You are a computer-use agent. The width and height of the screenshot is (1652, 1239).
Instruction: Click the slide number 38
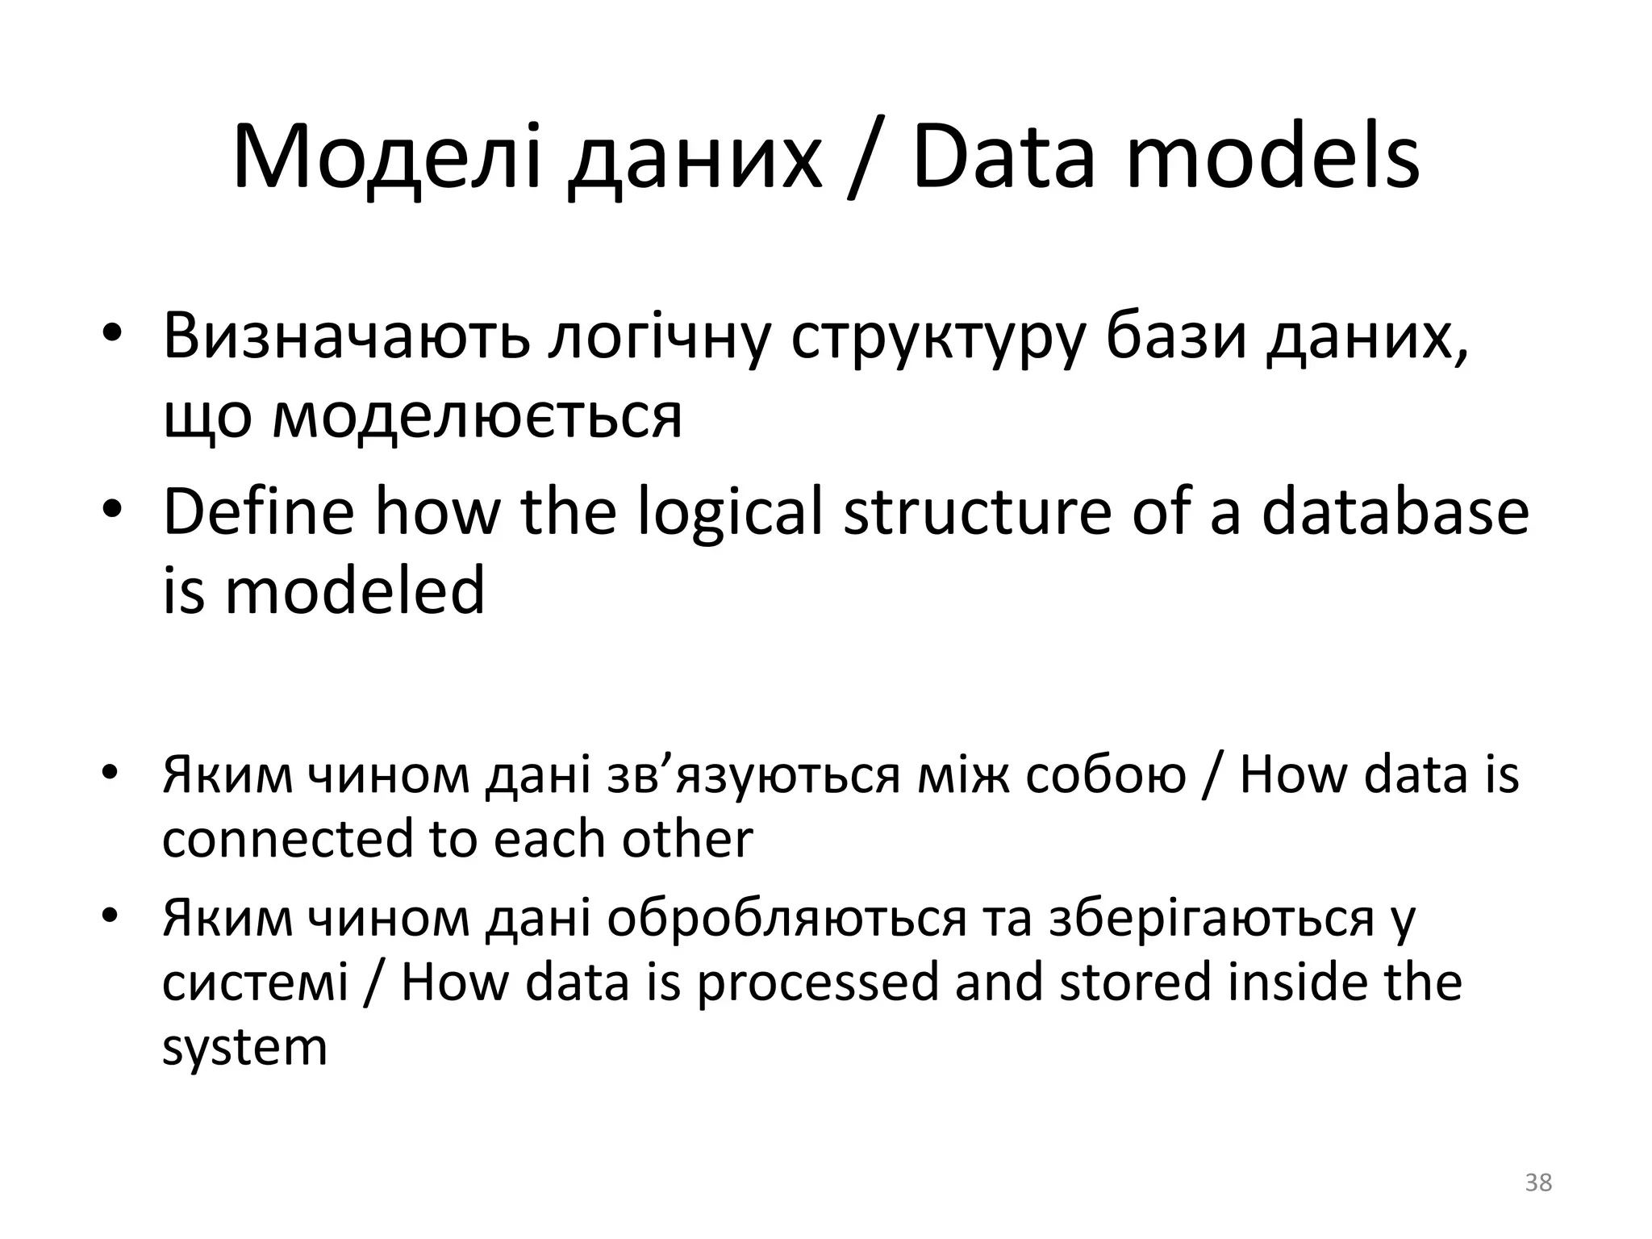[x=1538, y=1183]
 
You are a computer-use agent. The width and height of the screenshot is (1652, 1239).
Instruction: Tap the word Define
[x=258, y=512]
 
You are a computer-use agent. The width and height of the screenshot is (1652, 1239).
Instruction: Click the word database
[x=1395, y=512]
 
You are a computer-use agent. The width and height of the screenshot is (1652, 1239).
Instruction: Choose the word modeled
[x=355, y=590]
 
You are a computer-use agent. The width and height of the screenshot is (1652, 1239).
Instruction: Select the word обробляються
[x=786, y=920]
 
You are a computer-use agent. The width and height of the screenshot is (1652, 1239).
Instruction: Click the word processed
[x=817, y=984]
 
